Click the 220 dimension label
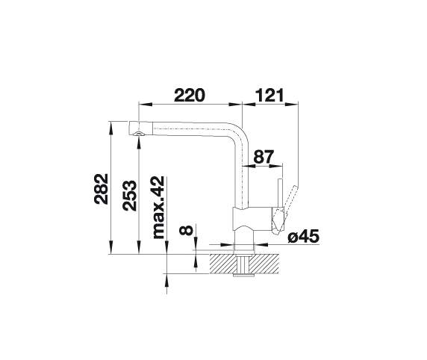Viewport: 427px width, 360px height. (x=189, y=95)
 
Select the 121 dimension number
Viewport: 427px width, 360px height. (x=269, y=95)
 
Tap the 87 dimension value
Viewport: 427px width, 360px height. (x=263, y=157)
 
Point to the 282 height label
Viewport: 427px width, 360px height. (x=102, y=189)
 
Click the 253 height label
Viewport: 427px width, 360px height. (x=129, y=196)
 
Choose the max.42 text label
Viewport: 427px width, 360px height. (x=158, y=208)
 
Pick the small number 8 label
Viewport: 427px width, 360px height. (x=186, y=230)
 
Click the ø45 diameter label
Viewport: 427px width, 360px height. (x=303, y=236)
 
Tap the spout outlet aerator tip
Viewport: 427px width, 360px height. (x=139, y=133)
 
